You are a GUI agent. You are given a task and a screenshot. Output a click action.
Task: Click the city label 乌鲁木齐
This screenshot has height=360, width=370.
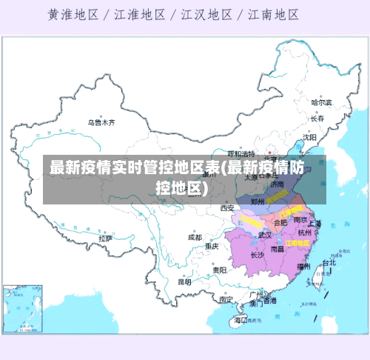point(101,122)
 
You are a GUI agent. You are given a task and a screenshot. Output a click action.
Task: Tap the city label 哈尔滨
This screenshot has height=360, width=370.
point(322,102)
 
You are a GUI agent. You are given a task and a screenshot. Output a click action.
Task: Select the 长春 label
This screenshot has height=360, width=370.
point(318,119)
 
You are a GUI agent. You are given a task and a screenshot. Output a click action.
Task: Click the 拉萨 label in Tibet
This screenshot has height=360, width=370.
point(106,239)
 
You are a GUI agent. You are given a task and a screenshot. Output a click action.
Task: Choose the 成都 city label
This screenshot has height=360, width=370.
point(195,238)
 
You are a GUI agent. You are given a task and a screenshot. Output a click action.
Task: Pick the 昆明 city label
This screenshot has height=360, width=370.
point(184,281)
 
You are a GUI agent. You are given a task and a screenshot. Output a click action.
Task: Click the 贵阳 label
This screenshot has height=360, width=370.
point(219,270)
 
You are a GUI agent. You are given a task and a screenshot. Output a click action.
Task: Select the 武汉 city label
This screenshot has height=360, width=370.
point(264,235)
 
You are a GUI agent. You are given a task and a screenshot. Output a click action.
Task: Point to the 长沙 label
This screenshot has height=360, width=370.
point(257,255)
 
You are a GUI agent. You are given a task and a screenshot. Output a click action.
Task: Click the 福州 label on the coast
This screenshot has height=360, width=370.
point(303,266)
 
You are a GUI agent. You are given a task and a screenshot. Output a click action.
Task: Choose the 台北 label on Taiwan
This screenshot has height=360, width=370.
point(329,262)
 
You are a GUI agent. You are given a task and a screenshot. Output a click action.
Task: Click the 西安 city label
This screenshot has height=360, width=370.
point(226,208)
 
